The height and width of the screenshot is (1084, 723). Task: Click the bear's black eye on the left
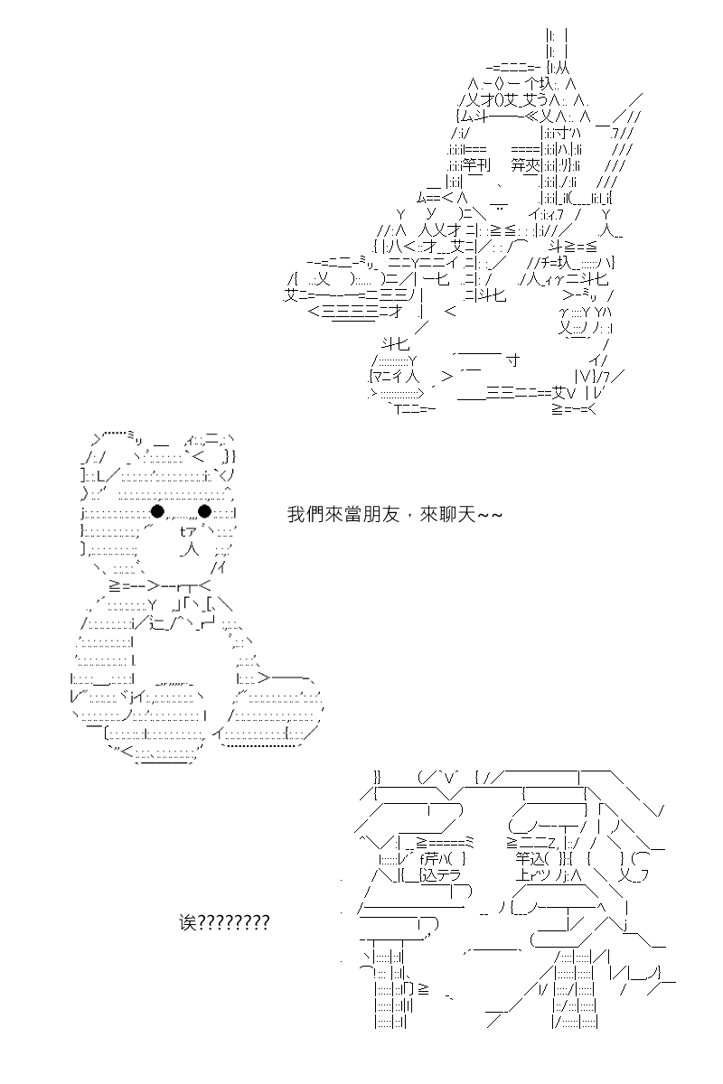[x=157, y=510]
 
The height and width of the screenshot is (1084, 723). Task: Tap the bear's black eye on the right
[x=204, y=510]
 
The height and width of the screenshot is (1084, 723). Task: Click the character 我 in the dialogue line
[x=296, y=514]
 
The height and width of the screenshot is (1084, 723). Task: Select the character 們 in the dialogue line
[x=315, y=514]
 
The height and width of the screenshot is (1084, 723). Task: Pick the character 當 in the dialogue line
[x=352, y=514]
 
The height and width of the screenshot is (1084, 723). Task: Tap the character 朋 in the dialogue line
[x=371, y=514]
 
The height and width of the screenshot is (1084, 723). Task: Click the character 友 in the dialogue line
[x=390, y=514]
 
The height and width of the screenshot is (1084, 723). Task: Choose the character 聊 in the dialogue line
[x=447, y=514]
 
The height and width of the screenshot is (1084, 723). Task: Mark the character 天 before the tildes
[x=466, y=514]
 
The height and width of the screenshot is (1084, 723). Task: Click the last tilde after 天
[x=497, y=514]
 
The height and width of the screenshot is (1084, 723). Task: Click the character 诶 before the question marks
[x=188, y=923]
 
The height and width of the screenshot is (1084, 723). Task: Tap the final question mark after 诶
[x=265, y=923]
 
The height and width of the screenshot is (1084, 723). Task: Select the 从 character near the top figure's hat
[x=563, y=69]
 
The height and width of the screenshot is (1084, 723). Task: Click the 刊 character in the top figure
[x=484, y=165]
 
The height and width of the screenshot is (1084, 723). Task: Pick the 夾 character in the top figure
[x=532, y=165]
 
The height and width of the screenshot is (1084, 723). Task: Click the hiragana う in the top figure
[x=542, y=100]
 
